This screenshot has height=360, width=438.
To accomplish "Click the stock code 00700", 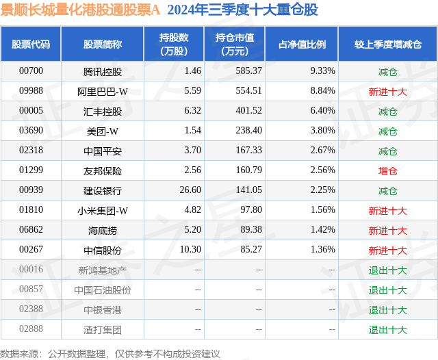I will tap(31, 70).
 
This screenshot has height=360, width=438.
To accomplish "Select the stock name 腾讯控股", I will tap(103, 70).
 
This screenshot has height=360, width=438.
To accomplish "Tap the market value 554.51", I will tap(249, 90).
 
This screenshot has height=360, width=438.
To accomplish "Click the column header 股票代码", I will tap(31, 44).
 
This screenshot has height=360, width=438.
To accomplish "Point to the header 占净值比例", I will tap(302, 44).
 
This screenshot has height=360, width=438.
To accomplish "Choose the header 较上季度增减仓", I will tap(387, 44).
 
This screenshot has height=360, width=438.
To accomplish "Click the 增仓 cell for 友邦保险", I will tap(387, 170).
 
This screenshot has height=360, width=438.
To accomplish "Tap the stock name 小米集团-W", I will tap(103, 210).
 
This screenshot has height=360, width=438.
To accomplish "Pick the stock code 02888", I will tap(31, 330).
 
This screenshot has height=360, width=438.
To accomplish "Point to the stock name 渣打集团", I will tap(103, 330).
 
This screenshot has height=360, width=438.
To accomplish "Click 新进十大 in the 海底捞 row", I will tap(387, 231).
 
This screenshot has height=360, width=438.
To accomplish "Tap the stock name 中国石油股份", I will tap(103, 290).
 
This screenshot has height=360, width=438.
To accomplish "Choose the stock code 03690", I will tap(31, 130).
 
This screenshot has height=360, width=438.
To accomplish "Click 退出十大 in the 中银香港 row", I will tap(387, 310).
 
